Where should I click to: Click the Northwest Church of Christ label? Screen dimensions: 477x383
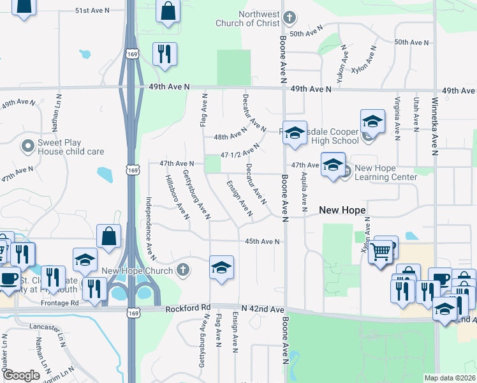tap(259, 19)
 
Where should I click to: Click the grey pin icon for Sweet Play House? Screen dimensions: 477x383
tap(27, 147)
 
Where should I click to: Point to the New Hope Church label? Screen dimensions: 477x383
tap(136, 271)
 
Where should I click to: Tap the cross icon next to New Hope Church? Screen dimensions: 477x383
tap(183, 270)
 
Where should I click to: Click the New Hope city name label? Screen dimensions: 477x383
tap(342, 210)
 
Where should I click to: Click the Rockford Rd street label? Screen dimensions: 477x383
tap(187, 308)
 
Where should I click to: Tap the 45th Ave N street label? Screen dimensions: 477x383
tap(263, 241)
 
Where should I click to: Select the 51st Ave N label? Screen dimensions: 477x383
tap(92, 11)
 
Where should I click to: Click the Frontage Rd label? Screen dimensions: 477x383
tap(62, 303)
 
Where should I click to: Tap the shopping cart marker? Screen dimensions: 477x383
tap(381, 252)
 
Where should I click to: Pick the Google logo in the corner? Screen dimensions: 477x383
tap(21, 375)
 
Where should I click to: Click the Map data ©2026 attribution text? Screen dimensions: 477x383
tap(450, 378)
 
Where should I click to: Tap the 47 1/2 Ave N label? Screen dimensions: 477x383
tap(240, 151)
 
